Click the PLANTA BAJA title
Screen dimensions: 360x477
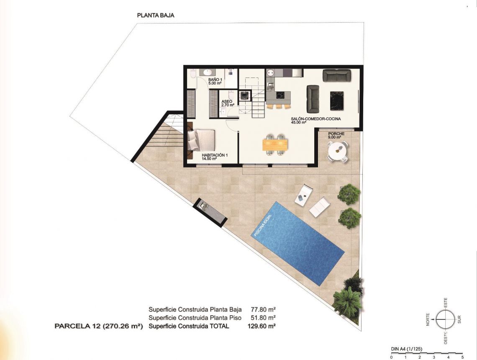pyautogui.click(x=156, y=15)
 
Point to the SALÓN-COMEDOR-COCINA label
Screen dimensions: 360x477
pyautogui.click(x=316, y=119)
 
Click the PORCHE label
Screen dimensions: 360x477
pyautogui.click(x=336, y=134)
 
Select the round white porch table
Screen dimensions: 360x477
pyautogui.click(x=337, y=152)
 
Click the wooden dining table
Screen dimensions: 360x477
pyautogui.click(x=275, y=144)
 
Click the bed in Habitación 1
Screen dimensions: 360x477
pyautogui.click(x=202, y=140)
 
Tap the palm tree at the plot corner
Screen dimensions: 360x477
pyautogui.click(x=347, y=301)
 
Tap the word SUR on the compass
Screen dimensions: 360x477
pyautogui.click(x=459, y=320)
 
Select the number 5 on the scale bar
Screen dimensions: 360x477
pyautogui.click(x=462, y=357)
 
